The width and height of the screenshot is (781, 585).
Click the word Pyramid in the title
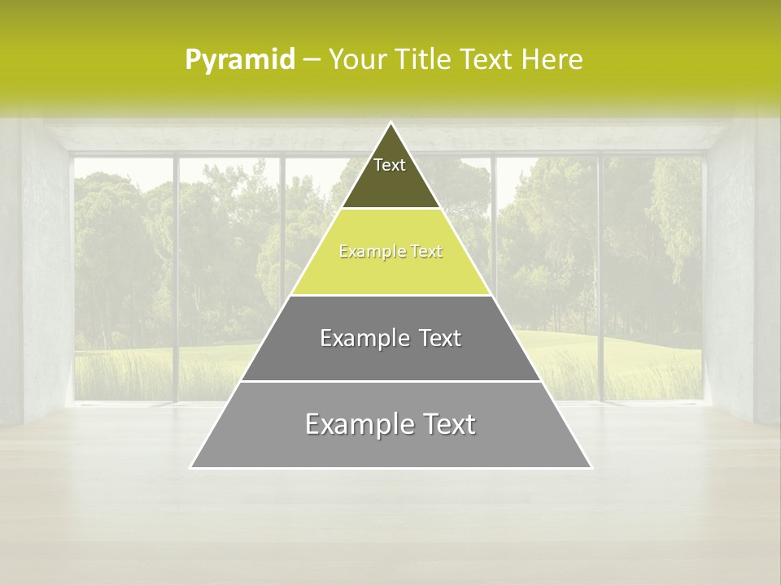240,60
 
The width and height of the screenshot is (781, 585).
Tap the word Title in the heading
426,60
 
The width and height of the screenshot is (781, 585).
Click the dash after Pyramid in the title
311,60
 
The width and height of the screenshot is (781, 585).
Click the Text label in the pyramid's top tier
390,165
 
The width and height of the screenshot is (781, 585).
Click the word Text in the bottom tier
448,424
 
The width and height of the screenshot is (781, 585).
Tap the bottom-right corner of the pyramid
591,467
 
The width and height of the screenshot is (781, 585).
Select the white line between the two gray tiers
390,381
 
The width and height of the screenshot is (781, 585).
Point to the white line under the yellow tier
390,295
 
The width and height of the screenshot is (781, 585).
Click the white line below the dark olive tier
390,209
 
